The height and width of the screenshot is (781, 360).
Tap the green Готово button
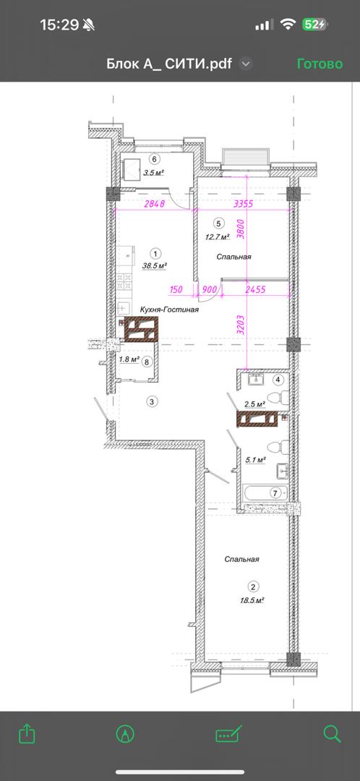[x=320, y=64]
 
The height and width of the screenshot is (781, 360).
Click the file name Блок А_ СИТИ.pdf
[x=169, y=64]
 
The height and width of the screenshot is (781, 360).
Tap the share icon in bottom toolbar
[x=27, y=734]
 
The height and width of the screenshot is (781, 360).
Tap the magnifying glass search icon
[x=332, y=734]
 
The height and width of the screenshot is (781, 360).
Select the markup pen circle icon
[x=125, y=734]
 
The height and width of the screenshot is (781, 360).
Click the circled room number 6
[x=155, y=159]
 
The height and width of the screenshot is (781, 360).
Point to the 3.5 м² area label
[x=153, y=173]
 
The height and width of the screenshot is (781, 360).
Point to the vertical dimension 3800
[x=241, y=230]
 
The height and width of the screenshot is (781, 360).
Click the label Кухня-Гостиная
[x=170, y=310]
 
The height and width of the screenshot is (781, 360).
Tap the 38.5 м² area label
[x=155, y=265]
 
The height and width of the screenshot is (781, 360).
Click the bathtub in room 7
[x=265, y=493]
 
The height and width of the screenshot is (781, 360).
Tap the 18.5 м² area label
[x=251, y=601]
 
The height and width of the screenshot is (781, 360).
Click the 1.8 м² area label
[x=129, y=359]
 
